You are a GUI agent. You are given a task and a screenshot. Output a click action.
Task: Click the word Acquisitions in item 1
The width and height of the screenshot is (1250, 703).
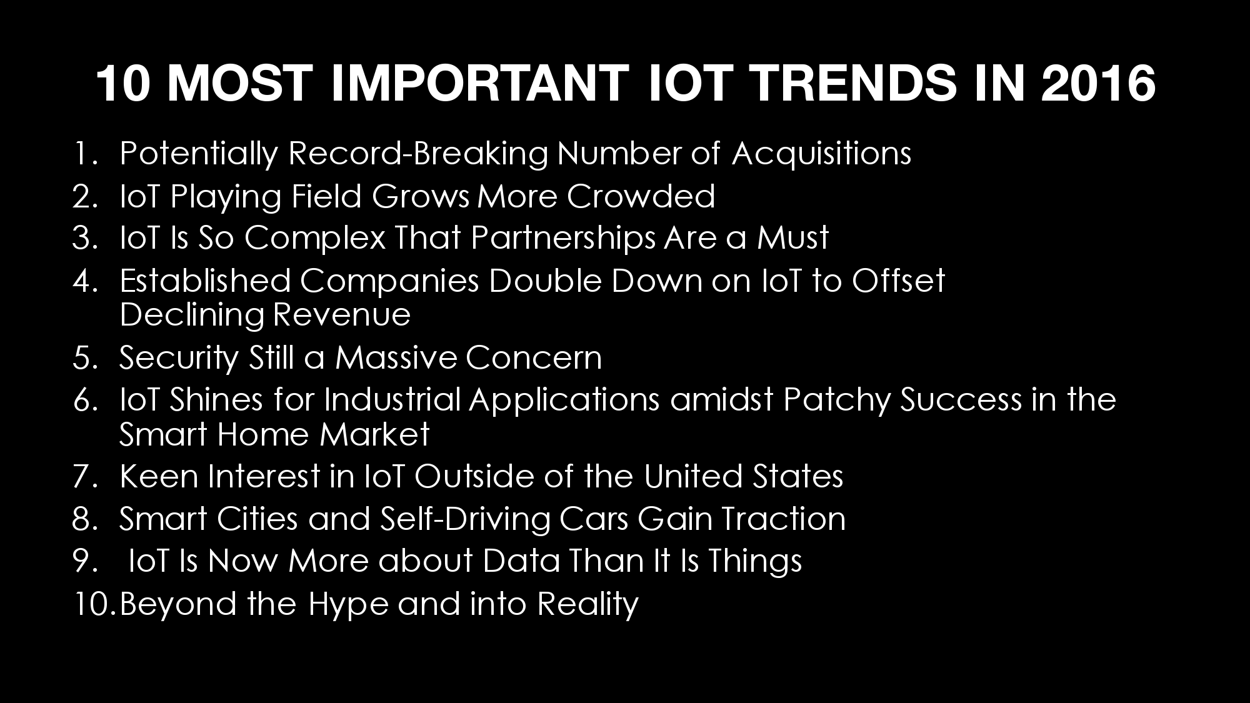[822, 154]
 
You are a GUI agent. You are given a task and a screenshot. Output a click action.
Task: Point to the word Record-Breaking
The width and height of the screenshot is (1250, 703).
[418, 154]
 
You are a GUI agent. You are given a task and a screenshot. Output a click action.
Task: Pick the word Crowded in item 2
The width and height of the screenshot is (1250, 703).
[641, 196]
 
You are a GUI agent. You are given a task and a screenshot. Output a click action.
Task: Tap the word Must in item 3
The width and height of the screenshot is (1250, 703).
[793, 238]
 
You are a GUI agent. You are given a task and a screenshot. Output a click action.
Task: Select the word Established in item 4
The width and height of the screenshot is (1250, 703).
[206, 281]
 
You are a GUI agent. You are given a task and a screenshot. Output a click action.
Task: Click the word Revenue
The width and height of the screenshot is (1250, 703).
[342, 314]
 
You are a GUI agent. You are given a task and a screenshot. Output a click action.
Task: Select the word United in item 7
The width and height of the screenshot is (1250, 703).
[693, 476]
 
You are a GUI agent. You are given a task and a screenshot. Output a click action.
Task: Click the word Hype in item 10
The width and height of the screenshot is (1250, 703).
[348, 604]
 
